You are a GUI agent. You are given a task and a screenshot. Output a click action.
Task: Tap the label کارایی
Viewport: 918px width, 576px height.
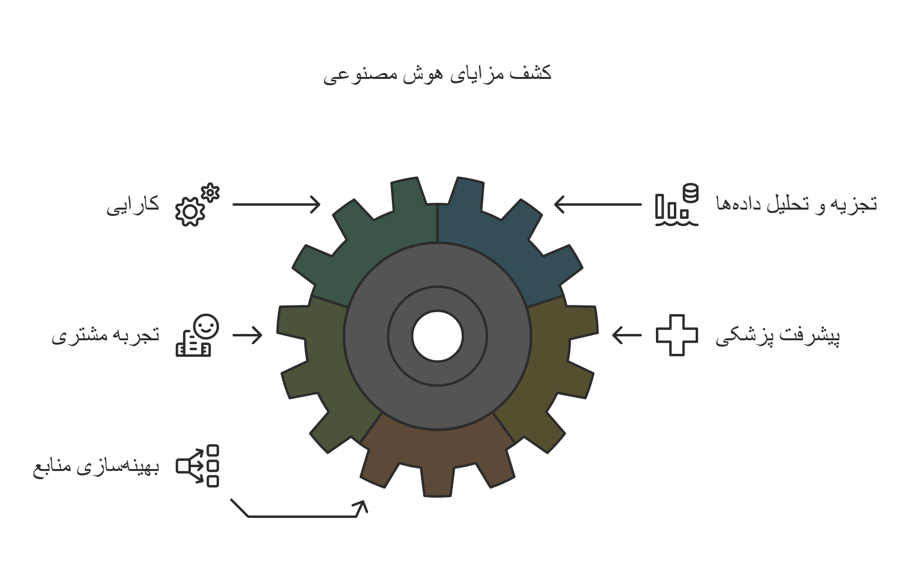(133, 205)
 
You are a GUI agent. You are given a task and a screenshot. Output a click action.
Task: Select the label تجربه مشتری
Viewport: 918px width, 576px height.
(106, 335)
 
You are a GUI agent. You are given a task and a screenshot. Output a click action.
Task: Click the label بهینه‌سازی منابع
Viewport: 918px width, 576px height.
(96, 467)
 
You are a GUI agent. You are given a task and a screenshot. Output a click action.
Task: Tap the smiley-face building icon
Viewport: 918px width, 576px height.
(197, 335)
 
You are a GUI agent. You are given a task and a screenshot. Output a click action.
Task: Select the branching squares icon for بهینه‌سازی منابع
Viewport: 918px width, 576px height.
(197, 466)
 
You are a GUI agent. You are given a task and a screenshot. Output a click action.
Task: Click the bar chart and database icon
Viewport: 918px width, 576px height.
(677, 205)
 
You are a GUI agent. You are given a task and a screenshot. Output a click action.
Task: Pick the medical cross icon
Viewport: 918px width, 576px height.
(677, 335)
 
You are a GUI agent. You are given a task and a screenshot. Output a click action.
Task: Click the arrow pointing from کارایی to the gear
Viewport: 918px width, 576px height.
(277, 205)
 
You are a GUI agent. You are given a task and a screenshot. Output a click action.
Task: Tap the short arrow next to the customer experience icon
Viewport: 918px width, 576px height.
(248, 335)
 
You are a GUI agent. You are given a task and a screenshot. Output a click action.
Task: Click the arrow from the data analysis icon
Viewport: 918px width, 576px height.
(598, 205)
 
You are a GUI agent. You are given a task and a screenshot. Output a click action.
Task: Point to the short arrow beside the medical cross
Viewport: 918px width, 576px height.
(627, 335)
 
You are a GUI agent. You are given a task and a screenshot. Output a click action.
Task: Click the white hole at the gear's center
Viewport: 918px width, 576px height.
(437, 336)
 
